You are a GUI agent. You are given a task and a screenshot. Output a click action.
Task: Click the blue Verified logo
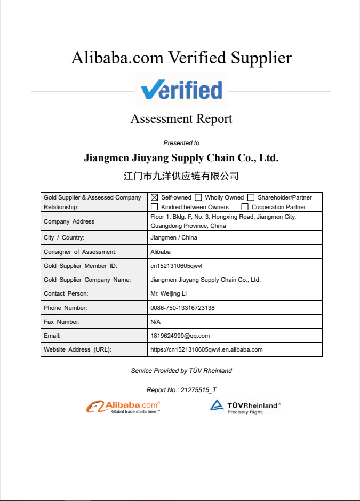tap(181, 90)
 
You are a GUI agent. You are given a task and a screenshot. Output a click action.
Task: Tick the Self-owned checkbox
tap(155, 197)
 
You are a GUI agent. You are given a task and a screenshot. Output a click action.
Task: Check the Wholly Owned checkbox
tap(198, 197)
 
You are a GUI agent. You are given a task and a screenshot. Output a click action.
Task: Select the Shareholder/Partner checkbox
tap(251, 197)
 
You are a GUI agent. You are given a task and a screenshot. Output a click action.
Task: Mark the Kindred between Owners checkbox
tap(155, 207)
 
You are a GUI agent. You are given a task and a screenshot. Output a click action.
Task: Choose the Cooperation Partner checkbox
tap(245, 207)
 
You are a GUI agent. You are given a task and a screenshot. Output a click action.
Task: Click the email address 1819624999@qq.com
tap(180, 336)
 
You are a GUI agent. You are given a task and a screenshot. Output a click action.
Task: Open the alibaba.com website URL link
tap(207, 349)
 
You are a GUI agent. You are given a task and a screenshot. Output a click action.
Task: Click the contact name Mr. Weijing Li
tap(169, 293)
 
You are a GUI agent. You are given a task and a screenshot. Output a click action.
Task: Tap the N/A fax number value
tap(156, 322)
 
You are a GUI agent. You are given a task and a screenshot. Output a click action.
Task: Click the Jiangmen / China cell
tap(174, 237)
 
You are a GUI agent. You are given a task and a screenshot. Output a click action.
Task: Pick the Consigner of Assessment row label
tap(80, 252)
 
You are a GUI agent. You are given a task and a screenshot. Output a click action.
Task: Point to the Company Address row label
tap(69, 221)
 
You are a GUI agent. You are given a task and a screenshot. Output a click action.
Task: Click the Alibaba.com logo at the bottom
tap(123, 407)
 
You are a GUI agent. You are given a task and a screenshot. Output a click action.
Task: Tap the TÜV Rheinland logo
tap(245, 407)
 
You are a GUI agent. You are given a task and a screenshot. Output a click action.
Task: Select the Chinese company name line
tap(181, 176)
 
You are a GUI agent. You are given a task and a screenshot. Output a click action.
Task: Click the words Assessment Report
tap(181, 118)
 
